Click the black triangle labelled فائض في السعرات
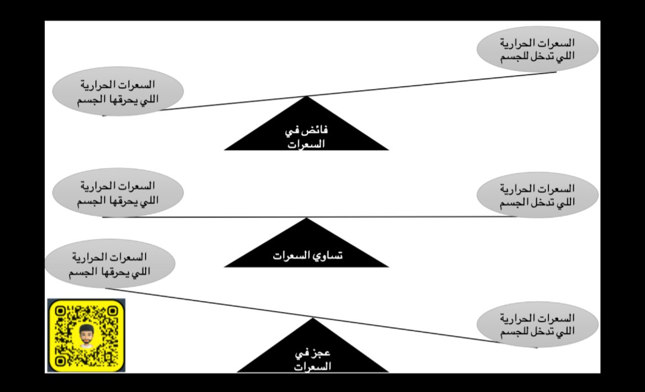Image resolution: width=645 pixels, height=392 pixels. (x=306, y=133)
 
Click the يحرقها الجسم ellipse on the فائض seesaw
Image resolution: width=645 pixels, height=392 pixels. (x=119, y=92)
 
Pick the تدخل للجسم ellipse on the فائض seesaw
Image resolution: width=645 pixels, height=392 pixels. (x=537, y=49)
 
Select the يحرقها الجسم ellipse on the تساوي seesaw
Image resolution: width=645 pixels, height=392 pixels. (x=118, y=192)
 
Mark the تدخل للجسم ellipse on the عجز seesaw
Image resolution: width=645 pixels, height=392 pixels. (x=537, y=325)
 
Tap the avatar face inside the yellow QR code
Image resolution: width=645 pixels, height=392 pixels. (x=85, y=335)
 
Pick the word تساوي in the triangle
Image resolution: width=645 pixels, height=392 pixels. (x=326, y=257)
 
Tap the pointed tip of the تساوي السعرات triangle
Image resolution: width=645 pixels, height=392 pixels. (x=306, y=219)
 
